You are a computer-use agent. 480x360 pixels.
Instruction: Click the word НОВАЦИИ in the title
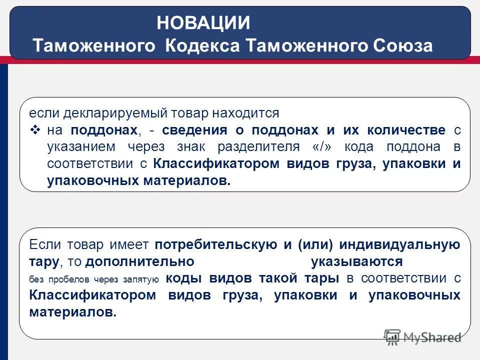coord(203,23)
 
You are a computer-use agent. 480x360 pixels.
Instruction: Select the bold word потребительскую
coord(216,244)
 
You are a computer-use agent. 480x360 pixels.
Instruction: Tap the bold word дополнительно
coord(139,261)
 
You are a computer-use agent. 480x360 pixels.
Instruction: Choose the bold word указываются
coord(356,261)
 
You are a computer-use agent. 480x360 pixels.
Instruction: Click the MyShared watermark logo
coord(422,336)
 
